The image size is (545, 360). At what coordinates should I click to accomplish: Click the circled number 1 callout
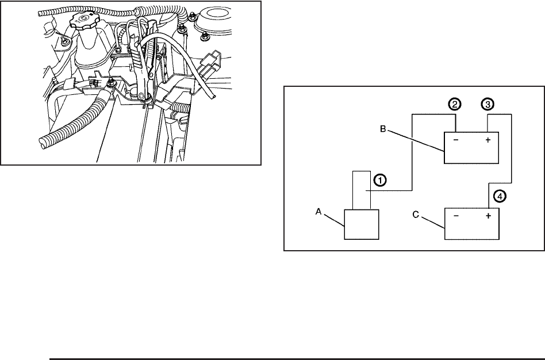pyautogui.click(x=379, y=179)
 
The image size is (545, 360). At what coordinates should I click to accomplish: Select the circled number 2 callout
pyautogui.click(x=455, y=105)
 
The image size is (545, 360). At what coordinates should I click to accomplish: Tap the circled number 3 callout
pyautogui.click(x=488, y=105)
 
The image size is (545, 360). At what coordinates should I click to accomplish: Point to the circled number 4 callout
pyautogui.click(x=500, y=196)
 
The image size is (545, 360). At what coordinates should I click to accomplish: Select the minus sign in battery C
pyautogui.click(x=456, y=217)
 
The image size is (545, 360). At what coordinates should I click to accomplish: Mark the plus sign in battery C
pyautogui.click(x=488, y=217)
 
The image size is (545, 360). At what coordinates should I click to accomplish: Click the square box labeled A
pyautogui.click(x=361, y=224)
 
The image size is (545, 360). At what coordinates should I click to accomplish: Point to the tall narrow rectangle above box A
pyautogui.click(x=362, y=190)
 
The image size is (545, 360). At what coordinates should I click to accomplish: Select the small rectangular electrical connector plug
pyautogui.click(x=213, y=60)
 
